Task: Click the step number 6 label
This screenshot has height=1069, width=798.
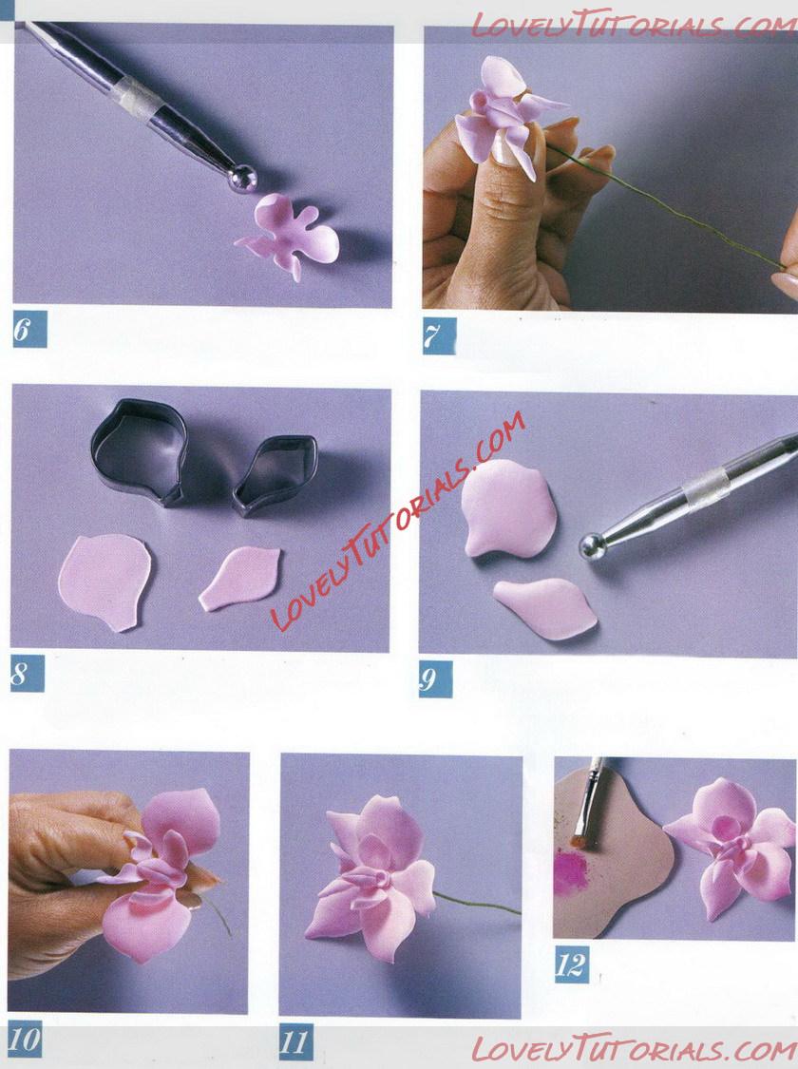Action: (x=29, y=330)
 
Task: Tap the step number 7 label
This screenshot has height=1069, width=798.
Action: (x=439, y=336)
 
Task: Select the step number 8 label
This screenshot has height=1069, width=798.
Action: (x=28, y=675)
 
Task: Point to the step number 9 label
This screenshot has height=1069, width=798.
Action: (x=435, y=679)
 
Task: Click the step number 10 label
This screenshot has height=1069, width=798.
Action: (x=25, y=1039)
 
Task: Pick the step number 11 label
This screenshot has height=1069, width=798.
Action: (x=295, y=1041)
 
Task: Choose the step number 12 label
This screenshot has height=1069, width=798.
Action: (x=571, y=964)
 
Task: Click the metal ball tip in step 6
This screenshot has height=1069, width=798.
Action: (x=243, y=179)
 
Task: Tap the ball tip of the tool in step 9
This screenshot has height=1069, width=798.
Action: (x=594, y=546)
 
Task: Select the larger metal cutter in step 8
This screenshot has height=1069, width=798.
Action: (x=139, y=450)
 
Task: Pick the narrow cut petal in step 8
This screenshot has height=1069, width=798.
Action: (x=239, y=579)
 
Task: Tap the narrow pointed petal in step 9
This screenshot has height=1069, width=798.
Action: (x=546, y=607)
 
